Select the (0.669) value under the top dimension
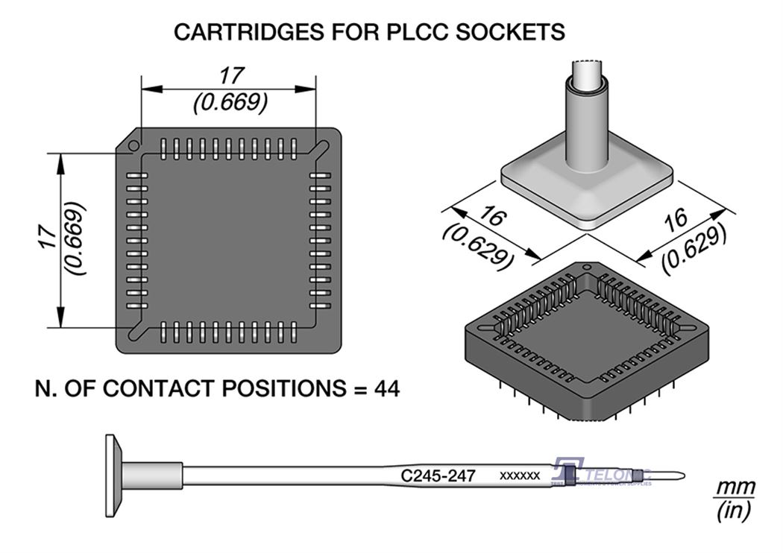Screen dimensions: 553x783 tap(230, 102)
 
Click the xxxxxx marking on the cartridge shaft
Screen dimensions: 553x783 tap(520, 475)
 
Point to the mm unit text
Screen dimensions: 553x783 tap(735, 488)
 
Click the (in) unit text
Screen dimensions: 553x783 tap(734, 511)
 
